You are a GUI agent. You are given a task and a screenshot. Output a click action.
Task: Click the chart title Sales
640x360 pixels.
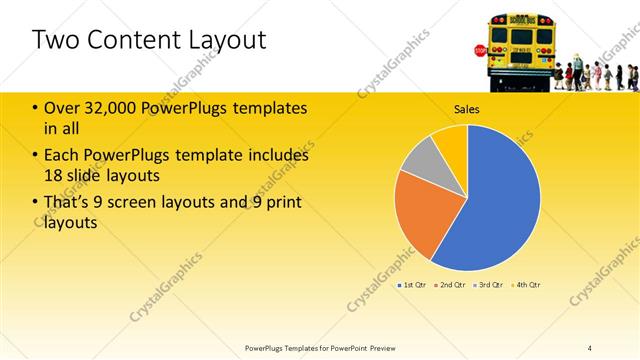467,109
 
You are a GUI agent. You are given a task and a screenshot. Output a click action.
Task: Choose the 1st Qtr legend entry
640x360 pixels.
412,285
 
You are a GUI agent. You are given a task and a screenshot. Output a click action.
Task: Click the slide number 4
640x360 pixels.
590,347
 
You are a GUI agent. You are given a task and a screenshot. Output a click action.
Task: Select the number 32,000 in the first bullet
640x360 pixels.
105,108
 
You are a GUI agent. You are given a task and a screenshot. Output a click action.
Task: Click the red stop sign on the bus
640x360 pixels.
480,50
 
